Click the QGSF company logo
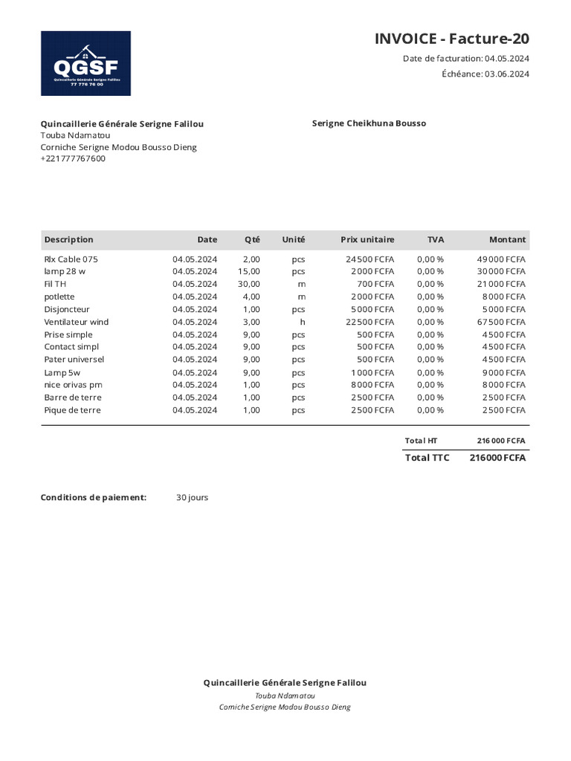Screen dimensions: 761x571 (86, 63)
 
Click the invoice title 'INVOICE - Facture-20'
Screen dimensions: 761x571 (451, 39)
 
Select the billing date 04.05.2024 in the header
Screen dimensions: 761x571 (507, 59)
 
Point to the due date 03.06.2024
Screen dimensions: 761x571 (507, 74)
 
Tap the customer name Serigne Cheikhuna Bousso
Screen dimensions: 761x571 (369, 123)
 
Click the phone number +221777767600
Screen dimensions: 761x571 (73, 158)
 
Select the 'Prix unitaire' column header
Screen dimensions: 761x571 (367, 239)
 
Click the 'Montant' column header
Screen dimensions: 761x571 (507, 239)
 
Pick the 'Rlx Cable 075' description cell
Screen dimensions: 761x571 (71, 259)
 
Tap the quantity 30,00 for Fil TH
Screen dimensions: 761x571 (248, 284)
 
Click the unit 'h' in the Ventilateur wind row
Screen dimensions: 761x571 (303, 322)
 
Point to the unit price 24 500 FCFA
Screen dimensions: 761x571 (370, 259)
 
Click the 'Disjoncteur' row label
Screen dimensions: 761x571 (67, 309)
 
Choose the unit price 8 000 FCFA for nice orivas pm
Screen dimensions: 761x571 (372, 384)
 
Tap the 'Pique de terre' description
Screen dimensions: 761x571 (72, 409)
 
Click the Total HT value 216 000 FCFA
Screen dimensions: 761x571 (500, 441)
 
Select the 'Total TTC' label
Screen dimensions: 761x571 (427, 458)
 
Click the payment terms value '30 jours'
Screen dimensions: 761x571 (192, 497)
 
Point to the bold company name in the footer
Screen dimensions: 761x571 (285, 682)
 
